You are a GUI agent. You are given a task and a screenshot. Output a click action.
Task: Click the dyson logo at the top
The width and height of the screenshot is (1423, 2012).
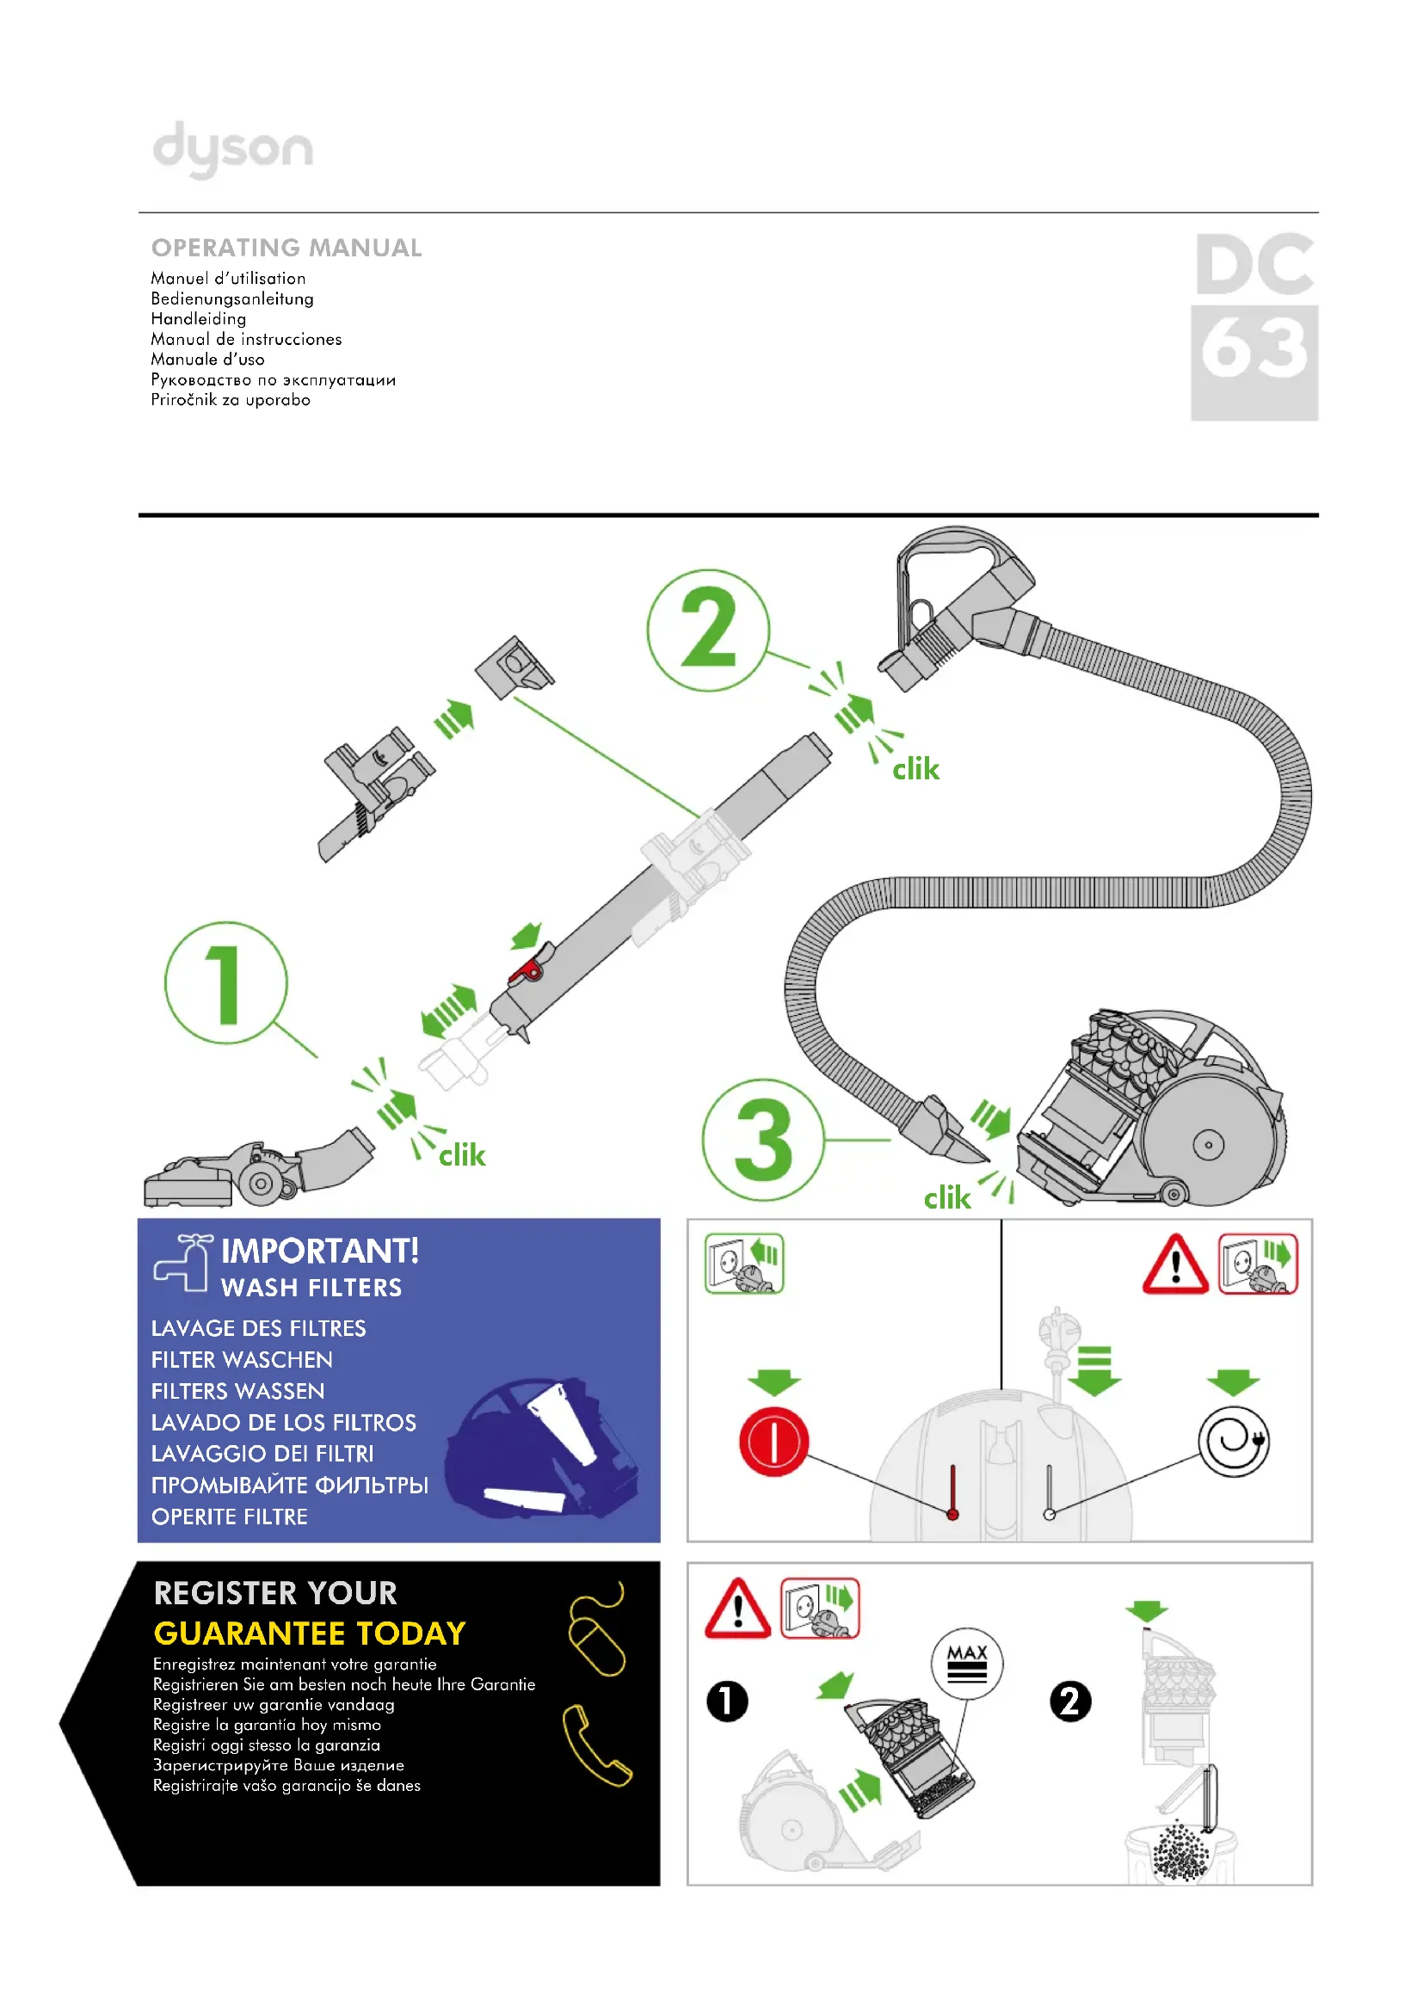232,149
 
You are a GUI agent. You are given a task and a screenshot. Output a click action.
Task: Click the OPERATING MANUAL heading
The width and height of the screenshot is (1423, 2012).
286,248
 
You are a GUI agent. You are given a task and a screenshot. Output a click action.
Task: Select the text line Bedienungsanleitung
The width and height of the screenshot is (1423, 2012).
232,298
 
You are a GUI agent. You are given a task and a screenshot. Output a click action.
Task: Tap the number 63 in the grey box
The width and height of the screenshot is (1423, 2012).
1254,350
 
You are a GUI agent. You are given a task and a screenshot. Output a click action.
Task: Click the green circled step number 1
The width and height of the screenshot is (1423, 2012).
226,982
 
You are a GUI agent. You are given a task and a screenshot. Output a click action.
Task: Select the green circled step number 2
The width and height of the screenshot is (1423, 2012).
708,630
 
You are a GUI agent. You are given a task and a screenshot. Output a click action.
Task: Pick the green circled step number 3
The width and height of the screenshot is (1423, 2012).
763,1140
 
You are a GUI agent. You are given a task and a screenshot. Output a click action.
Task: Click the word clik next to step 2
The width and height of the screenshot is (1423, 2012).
915,769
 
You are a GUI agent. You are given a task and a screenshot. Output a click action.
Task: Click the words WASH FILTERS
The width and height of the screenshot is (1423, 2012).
311,1288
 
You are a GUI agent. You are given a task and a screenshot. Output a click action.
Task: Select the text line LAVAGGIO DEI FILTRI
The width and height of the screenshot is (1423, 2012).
262,1454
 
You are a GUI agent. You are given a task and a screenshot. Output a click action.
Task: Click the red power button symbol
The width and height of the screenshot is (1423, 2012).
773,1442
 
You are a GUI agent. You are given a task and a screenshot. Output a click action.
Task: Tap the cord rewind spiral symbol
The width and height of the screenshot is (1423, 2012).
1234,1442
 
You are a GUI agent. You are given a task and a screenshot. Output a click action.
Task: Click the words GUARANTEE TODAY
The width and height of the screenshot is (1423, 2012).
310,1634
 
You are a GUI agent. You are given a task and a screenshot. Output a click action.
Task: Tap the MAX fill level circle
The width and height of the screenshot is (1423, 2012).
967,1663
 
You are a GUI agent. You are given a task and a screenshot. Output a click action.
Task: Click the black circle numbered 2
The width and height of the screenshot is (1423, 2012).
1070,1701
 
